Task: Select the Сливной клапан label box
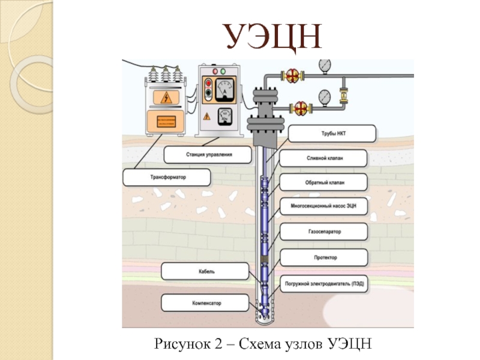click(x=324, y=158)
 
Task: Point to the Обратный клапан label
click(x=324, y=181)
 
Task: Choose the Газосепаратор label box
click(x=324, y=230)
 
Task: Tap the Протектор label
click(x=324, y=257)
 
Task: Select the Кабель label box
click(x=204, y=271)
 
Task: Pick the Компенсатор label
click(x=204, y=304)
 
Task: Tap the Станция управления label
click(x=206, y=155)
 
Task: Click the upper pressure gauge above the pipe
click(x=325, y=64)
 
